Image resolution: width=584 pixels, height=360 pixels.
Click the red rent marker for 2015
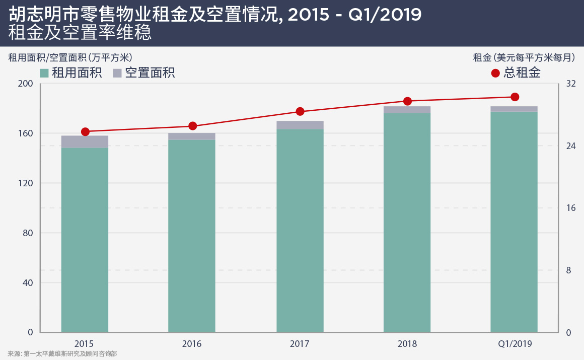(85, 132)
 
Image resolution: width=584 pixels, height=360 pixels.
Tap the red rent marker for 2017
(300, 111)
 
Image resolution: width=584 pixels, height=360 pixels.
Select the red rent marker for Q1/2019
(515, 97)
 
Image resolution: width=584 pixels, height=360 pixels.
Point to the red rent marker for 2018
(408, 101)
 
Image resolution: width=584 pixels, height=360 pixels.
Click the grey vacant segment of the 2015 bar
(85, 141)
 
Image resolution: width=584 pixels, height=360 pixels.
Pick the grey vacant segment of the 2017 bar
(300, 125)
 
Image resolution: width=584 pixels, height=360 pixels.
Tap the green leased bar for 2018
(407, 222)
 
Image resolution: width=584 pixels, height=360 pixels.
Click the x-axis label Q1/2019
(515, 344)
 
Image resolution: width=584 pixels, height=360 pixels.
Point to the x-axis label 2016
(192, 344)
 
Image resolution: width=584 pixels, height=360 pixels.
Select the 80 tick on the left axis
(28, 233)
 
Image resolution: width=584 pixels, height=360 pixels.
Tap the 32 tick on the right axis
(571, 84)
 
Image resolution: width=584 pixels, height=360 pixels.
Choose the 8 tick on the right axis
(568, 270)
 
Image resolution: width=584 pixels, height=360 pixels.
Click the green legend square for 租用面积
(44, 73)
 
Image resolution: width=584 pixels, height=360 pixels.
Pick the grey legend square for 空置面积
(117, 73)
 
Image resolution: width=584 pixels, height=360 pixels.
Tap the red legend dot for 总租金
(495, 73)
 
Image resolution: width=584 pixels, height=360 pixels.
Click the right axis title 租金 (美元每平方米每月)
(524, 57)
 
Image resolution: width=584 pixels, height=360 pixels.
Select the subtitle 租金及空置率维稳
(80, 33)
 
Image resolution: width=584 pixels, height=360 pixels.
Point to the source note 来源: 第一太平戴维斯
(62, 354)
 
